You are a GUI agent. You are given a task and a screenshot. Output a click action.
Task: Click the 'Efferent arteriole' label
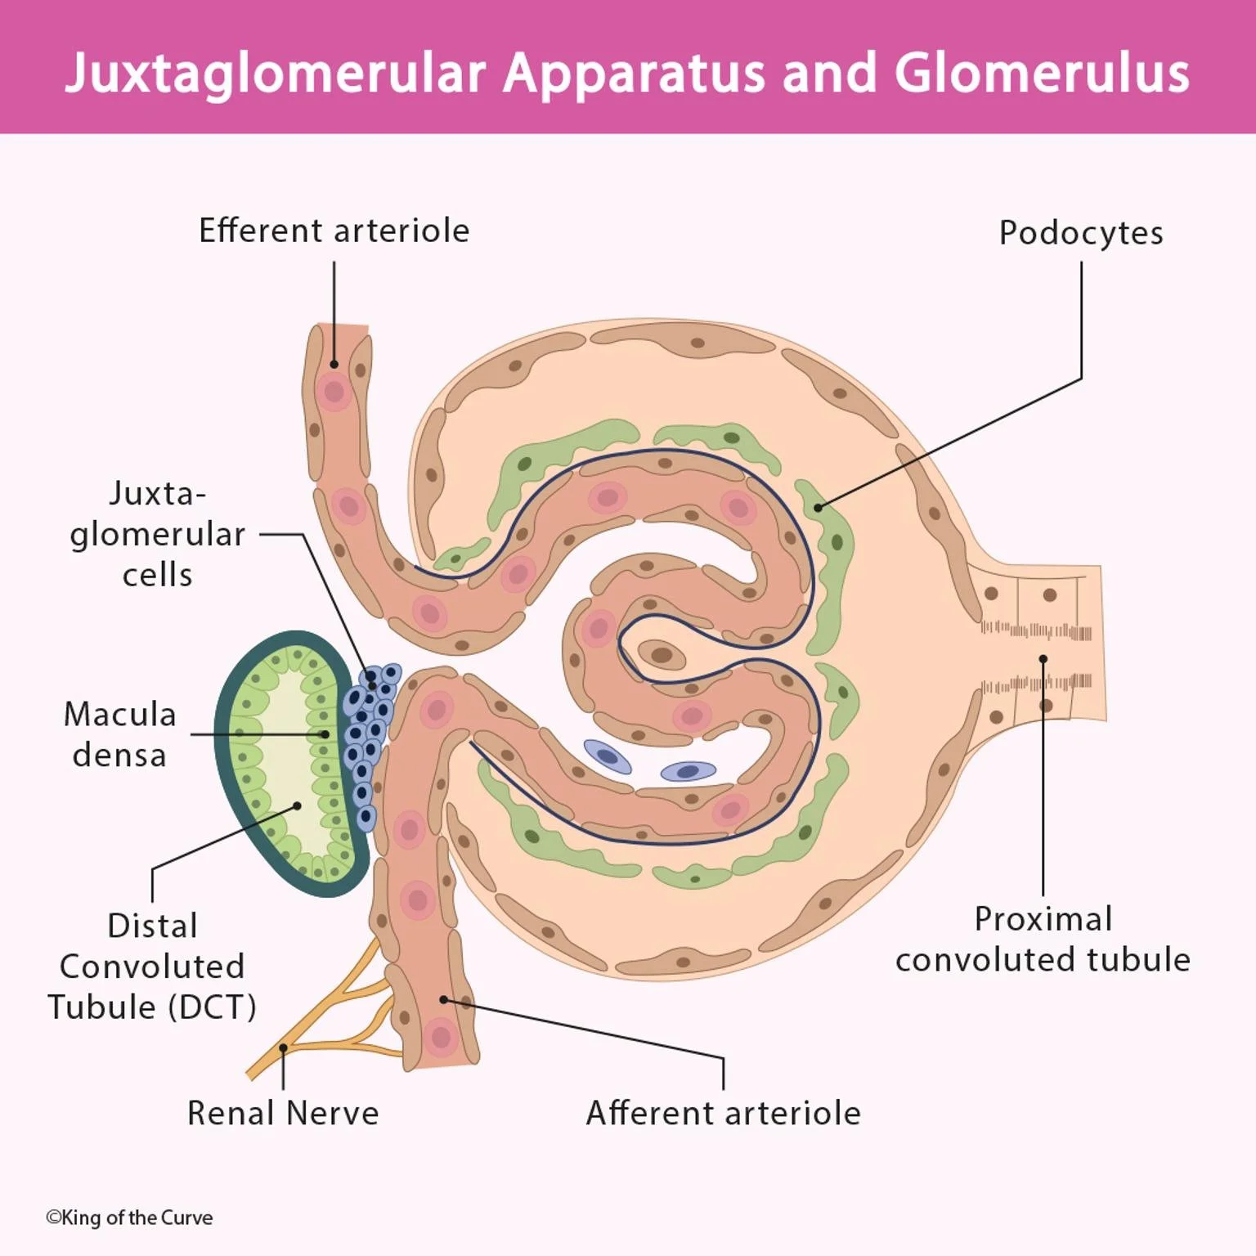tap(334, 231)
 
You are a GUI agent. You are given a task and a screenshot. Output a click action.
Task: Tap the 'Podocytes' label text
tap(1080, 233)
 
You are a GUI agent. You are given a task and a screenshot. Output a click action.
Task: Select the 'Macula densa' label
tap(119, 734)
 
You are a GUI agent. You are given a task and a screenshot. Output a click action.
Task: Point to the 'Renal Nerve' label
tap(283, 1113)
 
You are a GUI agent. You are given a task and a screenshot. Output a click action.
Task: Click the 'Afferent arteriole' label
tap(723, 1113)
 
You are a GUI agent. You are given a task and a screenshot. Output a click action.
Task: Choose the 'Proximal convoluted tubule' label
tap(1043, 939)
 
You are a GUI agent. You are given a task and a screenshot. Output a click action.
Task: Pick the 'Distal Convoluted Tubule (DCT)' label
tap(152, 966)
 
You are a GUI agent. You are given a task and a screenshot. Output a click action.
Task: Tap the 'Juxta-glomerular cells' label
tap(157, 534)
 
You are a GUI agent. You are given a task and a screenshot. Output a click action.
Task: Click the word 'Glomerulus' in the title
tap(1041, 73)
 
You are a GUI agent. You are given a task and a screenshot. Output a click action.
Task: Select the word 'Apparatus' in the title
tap(634, 73)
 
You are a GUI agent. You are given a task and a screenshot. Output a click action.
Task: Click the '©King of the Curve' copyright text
tap(129, 1218)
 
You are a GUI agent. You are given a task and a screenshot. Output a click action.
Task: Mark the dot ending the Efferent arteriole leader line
tap(334, 364)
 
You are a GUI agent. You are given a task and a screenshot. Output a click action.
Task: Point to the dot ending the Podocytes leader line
tap(818, 508)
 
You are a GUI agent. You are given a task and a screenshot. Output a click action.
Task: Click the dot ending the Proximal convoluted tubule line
tap(1043, 659)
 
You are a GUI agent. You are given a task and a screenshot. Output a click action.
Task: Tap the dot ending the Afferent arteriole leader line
tap(443, 999)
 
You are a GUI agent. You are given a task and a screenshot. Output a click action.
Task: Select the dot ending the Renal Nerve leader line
tap(283, 1047)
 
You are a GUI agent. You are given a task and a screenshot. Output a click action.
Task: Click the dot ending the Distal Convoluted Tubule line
tap(297, 805)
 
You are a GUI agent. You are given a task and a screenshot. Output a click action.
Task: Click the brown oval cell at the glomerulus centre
tap(661, 654)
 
